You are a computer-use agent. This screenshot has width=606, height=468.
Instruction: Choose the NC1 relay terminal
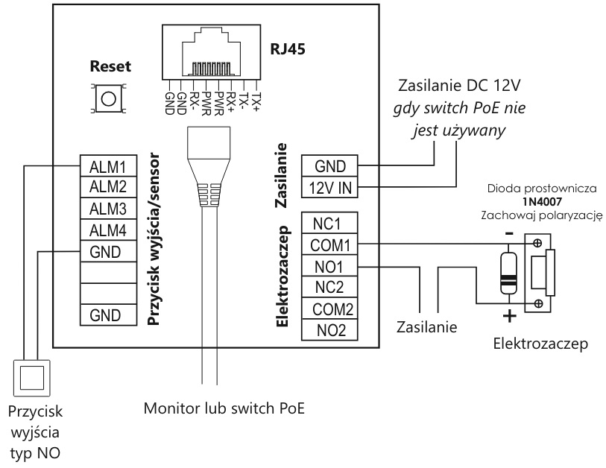[327, 224]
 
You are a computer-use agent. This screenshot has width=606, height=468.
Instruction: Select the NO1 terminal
[327, 266]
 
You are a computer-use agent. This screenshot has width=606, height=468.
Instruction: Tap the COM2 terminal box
[327, 309]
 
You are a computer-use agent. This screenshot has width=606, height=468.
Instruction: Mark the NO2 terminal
[327, 330]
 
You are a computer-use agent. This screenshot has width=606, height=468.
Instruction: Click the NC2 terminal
[327, 288]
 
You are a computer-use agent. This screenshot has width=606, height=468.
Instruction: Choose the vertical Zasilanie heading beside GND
[282, 176]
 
